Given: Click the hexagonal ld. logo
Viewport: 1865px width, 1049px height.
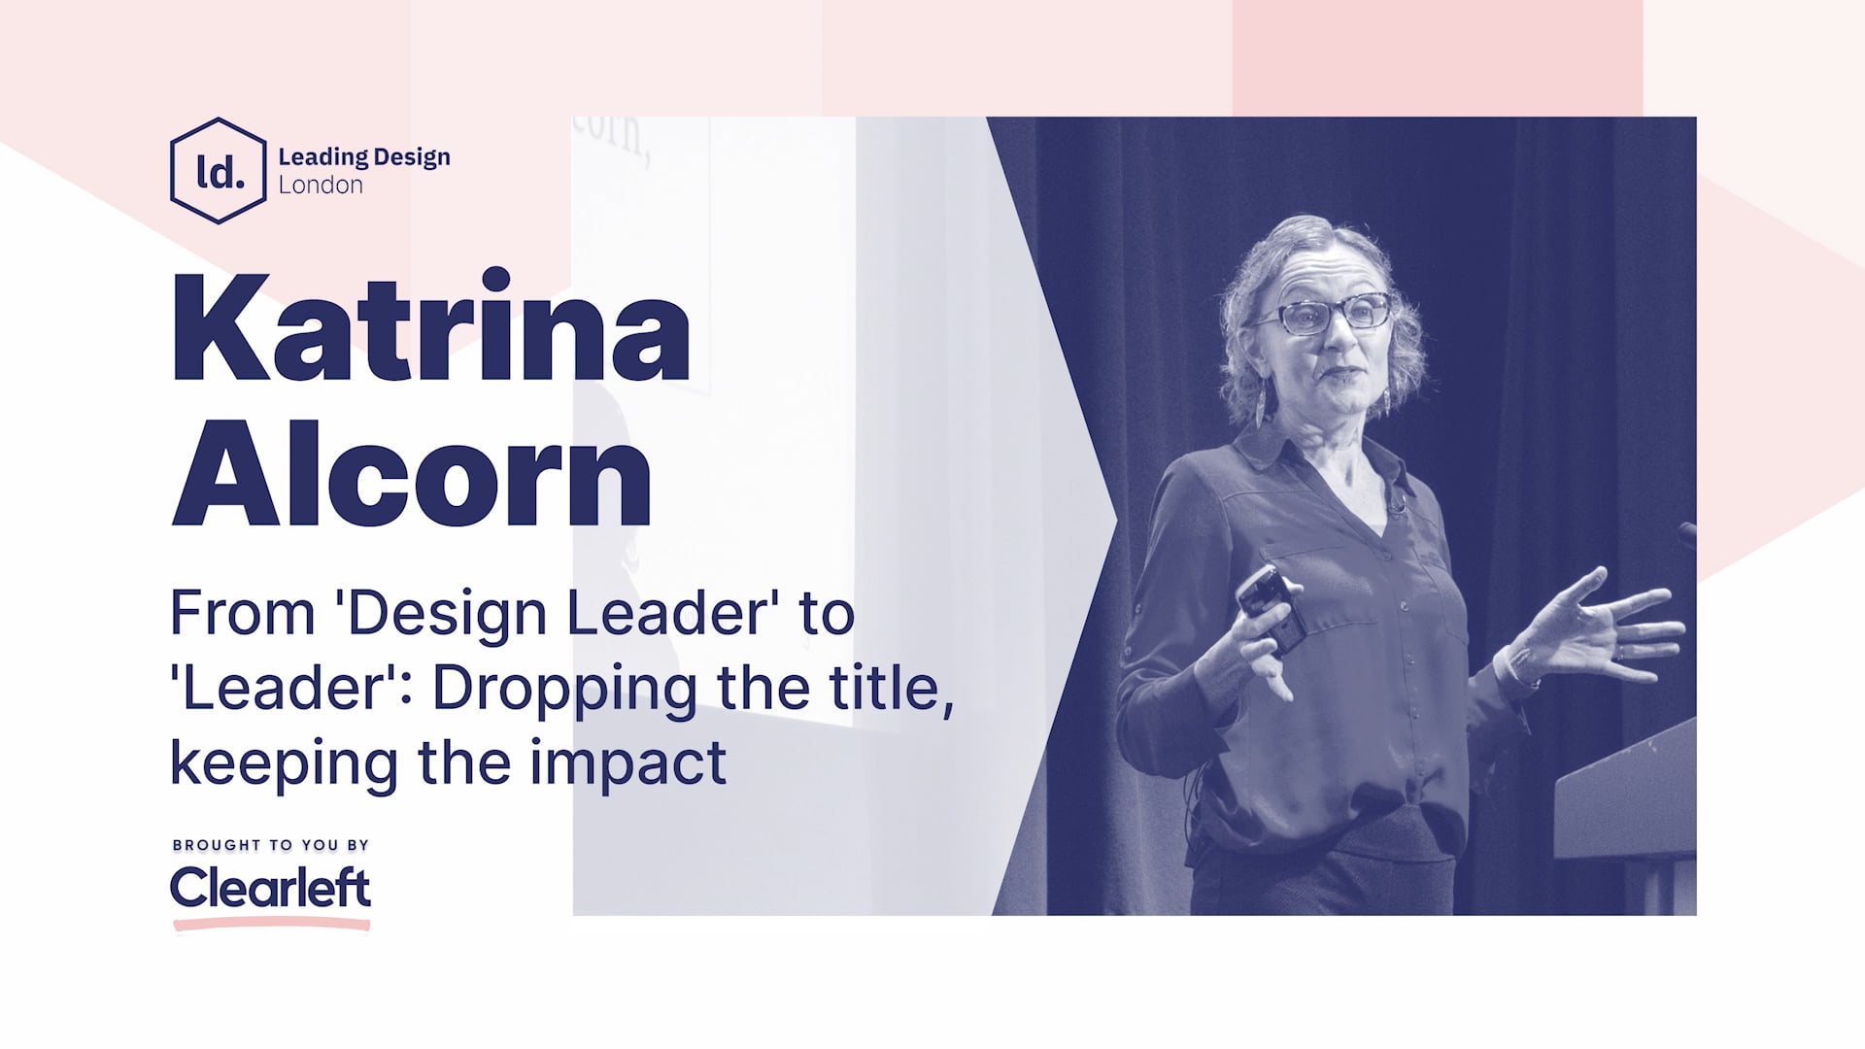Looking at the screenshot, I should [219, 171].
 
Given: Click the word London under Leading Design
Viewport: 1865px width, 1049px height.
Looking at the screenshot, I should [321, 186].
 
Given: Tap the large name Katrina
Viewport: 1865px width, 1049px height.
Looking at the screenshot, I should [430, 328].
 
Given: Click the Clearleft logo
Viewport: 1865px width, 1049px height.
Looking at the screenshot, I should [270, 888].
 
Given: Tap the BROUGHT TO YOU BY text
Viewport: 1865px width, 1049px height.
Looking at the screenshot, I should [271, 845].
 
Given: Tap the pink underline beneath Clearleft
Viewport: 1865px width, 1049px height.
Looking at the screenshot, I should [272, 924].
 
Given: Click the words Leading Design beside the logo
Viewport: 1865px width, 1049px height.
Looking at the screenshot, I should [364, 157].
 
